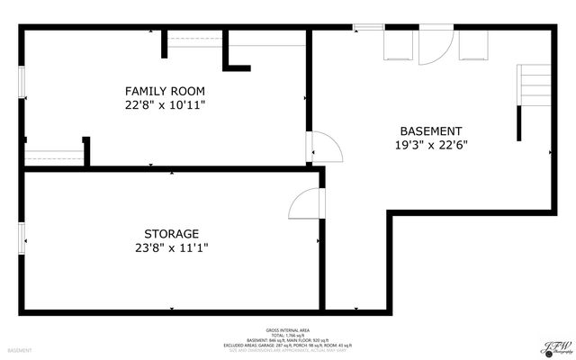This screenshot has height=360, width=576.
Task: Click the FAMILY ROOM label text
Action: (165, 91)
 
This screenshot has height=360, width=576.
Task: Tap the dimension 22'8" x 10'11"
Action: (165, 105)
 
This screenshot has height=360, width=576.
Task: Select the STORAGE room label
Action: (171, 233)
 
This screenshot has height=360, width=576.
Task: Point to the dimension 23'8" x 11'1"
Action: (171, 247)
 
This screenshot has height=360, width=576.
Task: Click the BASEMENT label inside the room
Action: (431, 130)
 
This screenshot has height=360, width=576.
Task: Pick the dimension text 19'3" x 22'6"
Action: (431, 145)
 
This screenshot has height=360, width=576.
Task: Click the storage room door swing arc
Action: (305, 205)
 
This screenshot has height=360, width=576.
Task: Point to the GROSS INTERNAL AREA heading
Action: (286, 329)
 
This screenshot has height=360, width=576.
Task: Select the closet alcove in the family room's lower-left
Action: (54, 155)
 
